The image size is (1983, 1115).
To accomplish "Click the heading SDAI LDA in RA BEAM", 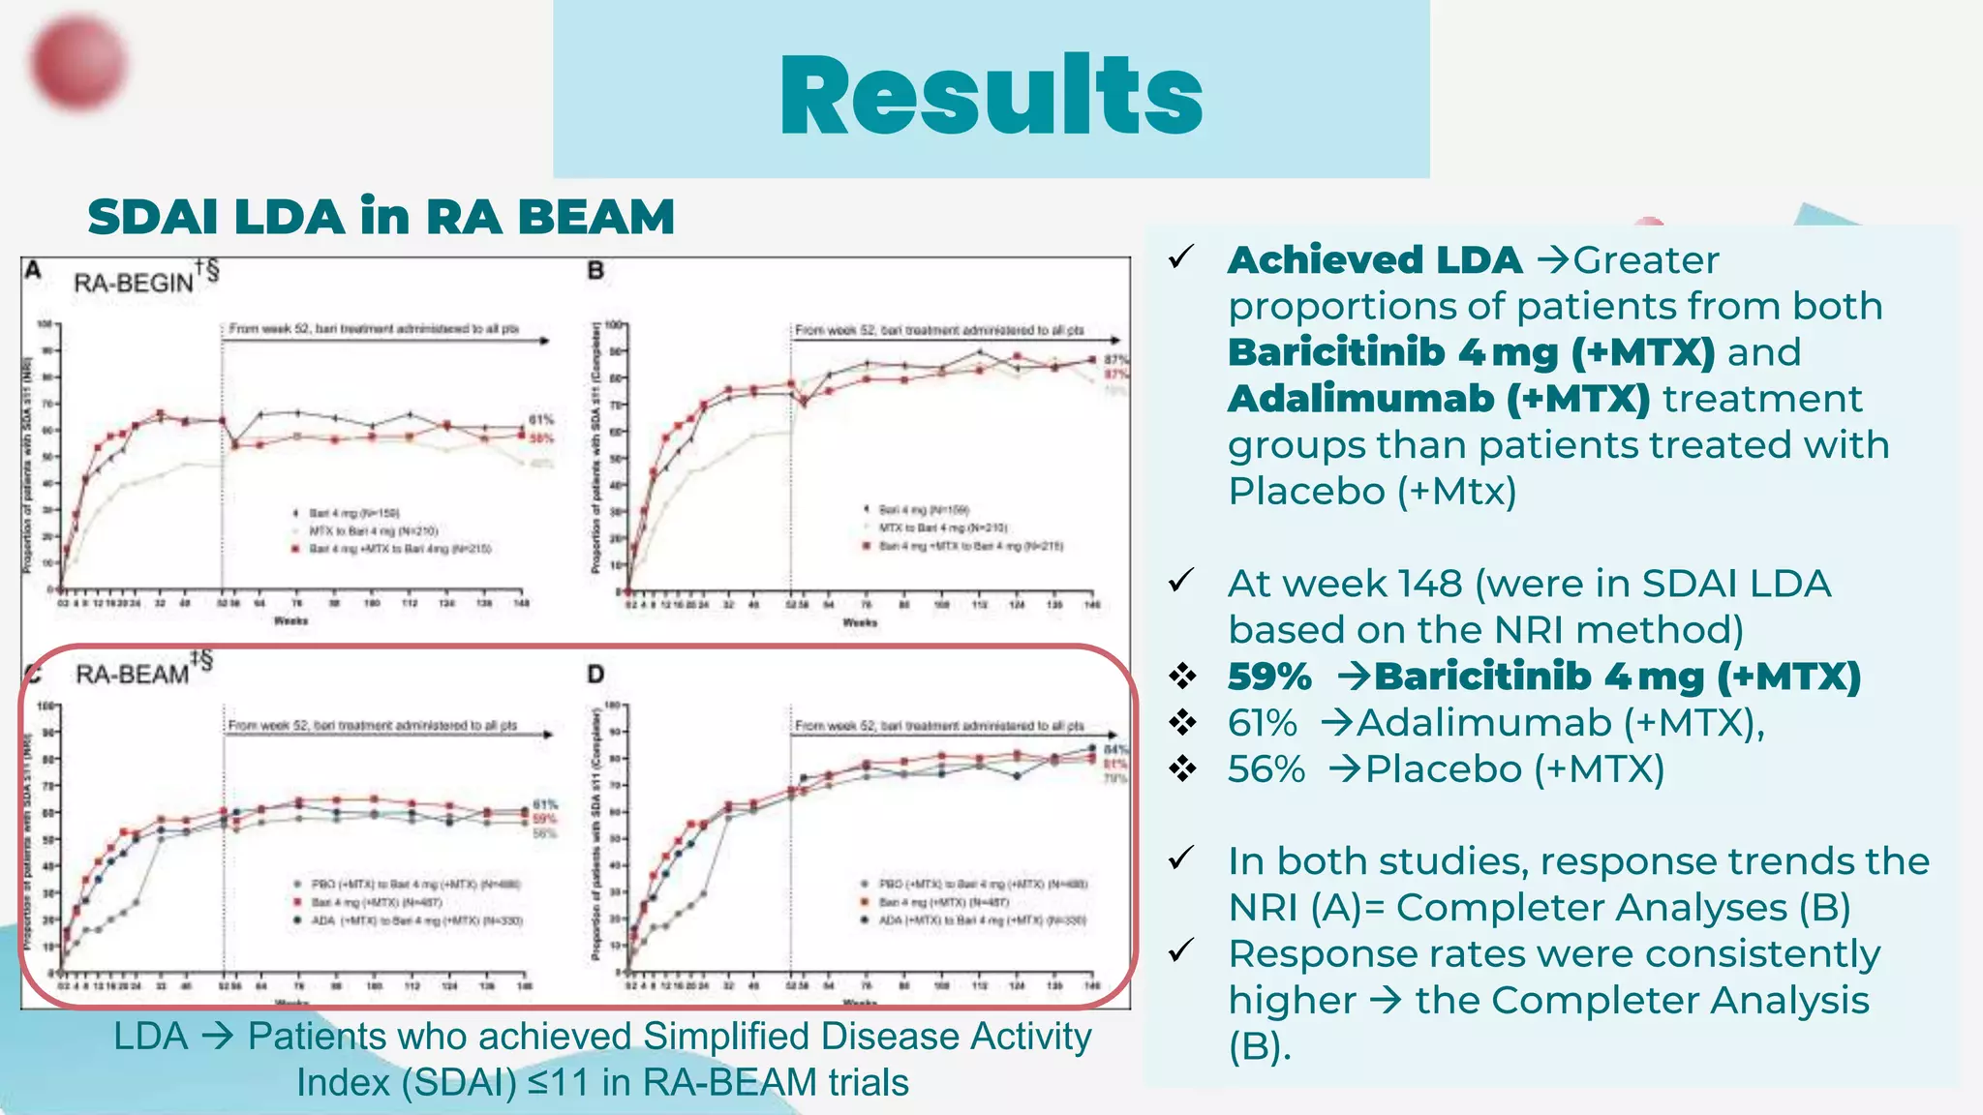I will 381,216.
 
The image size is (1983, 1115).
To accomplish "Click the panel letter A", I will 33,270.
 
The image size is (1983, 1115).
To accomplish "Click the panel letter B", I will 595,271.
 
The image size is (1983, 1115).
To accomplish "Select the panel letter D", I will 595,674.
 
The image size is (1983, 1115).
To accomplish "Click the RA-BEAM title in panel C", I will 132,674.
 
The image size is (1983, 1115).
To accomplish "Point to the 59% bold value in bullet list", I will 1269,677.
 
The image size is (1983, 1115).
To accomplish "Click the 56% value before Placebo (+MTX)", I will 1266,769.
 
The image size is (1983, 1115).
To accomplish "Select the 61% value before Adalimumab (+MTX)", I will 1263,723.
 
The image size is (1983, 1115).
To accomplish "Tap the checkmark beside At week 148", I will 1181,581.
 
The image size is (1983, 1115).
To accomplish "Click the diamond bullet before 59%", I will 1182,677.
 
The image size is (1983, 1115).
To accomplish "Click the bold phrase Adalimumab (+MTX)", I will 1439,399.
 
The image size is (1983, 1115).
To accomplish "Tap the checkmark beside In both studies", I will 1181,859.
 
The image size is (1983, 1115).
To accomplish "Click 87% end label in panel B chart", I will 1115,360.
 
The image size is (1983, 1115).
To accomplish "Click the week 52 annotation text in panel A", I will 374,329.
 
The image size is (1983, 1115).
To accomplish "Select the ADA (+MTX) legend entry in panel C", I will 416,920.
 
